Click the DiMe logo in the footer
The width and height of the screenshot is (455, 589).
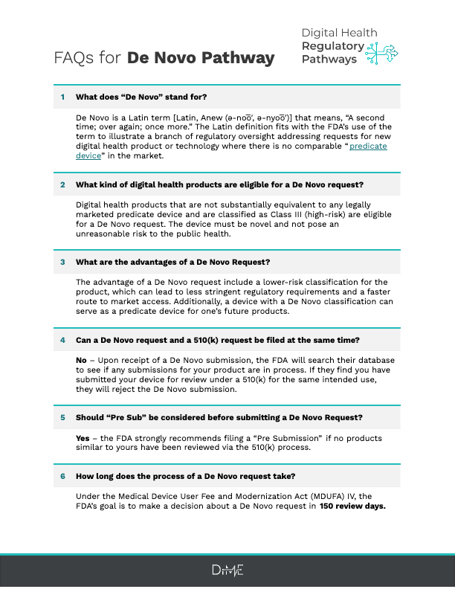coord(227,570)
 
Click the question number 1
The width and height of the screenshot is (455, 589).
coord(62,97)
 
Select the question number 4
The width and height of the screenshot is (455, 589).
coord(62,340)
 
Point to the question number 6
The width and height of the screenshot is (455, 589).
coord(62,474)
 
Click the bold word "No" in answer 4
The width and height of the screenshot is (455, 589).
coord(82,361)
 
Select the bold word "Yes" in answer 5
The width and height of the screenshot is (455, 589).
coord(83,438)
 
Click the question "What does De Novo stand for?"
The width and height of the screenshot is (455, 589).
coord(141,97)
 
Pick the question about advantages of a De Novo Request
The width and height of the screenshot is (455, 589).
coord(172,262)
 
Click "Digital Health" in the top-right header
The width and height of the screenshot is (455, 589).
coord(339,33)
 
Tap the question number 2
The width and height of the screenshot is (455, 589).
coord(62,184)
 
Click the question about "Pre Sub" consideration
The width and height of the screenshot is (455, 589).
coord(219,417)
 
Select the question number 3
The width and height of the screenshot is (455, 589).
coord(62,262)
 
